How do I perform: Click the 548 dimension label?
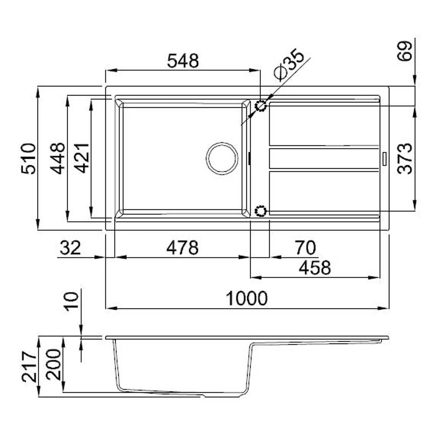(183, 61)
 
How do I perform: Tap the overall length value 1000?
(247, 298)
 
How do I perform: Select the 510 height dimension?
(29, 159)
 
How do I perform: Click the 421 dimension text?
(82, 158)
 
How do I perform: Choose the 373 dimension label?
(405, 159)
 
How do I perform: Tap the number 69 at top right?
(404, 51)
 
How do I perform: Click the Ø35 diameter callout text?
(289, 65)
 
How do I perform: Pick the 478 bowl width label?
(182, 248)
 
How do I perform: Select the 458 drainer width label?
(315, 268)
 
